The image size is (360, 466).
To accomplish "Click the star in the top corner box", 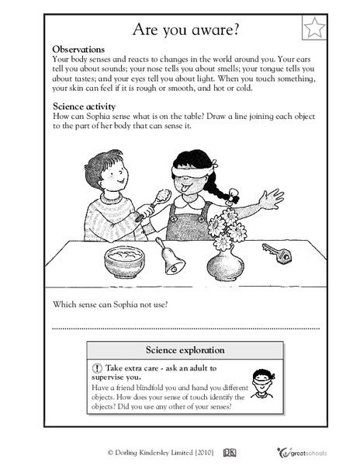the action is [313, 29].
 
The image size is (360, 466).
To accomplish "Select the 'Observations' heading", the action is [81, 48].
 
